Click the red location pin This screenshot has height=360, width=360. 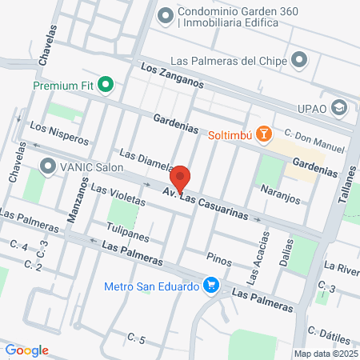[180, 178]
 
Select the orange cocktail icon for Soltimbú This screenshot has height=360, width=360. [266, 134]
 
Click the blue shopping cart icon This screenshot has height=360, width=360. [211, 286]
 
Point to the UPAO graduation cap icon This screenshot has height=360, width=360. [339, 107]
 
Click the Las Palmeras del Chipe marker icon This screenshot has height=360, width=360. [300, 61]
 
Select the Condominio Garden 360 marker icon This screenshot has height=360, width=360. [165, 14]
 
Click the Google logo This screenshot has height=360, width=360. [26, 350]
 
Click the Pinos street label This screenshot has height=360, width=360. [218, 258]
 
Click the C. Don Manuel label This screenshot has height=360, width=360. [314, 142]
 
